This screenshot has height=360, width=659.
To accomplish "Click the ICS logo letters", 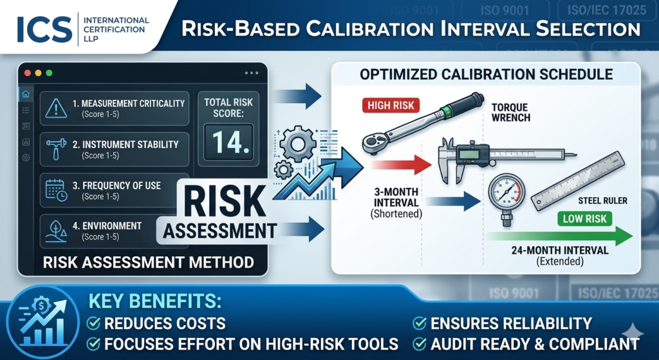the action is (44, 30).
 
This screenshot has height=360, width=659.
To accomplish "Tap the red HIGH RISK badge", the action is (391, 105).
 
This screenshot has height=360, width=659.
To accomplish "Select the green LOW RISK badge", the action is (584, 219).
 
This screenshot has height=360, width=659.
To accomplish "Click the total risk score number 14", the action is (228, 142).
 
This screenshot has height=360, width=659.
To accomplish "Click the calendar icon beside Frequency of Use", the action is (56, 190).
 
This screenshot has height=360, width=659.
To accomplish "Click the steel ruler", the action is (577, 181).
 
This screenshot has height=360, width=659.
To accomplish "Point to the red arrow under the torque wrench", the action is (401, 164).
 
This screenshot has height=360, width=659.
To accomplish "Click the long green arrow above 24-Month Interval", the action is (559, 236).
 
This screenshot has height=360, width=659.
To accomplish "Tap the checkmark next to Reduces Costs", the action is (93, 323).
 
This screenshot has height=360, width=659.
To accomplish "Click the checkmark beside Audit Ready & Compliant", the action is (420, 344).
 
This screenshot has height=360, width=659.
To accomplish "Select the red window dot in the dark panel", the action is (28, 73).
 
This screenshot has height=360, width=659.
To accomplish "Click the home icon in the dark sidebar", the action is (26, 94).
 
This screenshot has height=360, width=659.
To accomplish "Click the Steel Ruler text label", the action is (602, 200).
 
